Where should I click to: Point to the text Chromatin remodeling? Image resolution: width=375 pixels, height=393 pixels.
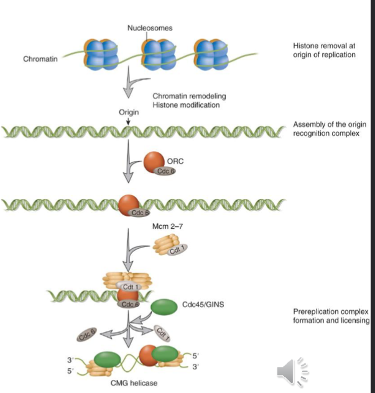click(x=188, y=96)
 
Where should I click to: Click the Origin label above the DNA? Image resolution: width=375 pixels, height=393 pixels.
click(x=128, y=113)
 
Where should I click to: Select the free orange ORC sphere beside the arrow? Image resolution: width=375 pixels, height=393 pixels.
click(x=154, y=163)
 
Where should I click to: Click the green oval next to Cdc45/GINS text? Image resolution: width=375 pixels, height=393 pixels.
click(x=164, y=307)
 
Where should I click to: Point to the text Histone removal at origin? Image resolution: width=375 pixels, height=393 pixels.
click(x=323, y=50)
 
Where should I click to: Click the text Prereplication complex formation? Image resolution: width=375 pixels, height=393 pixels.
click(x=331, y=316)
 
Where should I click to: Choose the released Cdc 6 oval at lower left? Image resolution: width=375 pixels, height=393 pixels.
click(x=86, y=336)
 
